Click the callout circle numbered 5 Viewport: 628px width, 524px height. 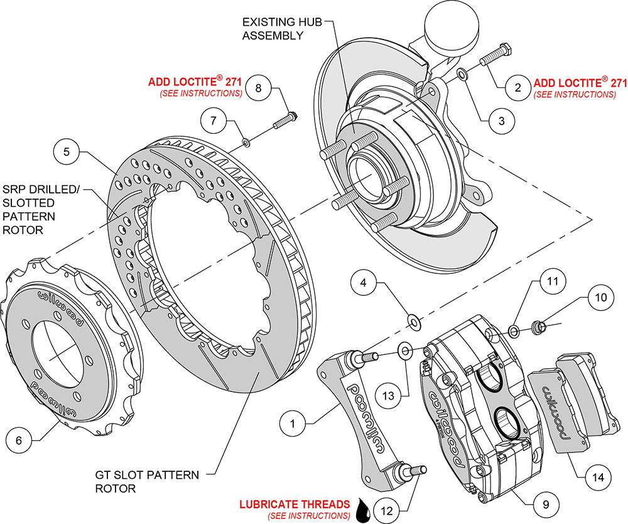coord(66,151)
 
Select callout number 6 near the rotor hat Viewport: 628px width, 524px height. coord(19,440)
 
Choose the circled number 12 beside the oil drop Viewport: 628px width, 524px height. coord(387,510)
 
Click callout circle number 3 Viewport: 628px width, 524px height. coord(501,120)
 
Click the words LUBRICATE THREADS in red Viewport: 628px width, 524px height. coord(295,504)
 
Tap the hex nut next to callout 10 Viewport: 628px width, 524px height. coord(538,326)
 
